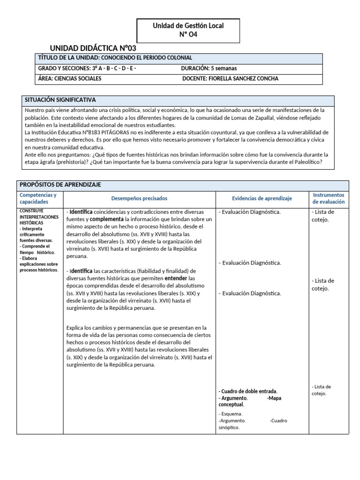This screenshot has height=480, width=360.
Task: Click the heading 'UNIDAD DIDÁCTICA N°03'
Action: coord(93,48)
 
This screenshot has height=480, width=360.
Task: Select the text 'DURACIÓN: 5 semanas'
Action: coord(209,68)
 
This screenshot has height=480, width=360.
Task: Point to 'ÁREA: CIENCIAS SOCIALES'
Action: coord(69,79)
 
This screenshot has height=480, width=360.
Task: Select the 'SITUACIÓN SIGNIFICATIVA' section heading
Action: coord(60,100)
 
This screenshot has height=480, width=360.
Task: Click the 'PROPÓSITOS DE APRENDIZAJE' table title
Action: coord(60,185)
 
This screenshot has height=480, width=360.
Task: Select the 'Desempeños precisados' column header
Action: coord(139,198)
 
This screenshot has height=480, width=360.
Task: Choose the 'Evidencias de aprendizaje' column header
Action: coord(262,198)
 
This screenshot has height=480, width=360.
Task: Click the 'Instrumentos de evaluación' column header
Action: coord(328,198)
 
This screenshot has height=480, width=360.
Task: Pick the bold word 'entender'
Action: coord(176,278)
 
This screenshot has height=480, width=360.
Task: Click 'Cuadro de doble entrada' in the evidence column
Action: coord(248,391)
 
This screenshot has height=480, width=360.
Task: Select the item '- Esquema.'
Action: coord(231,414)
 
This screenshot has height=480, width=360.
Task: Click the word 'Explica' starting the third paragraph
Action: coord(75,328)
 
